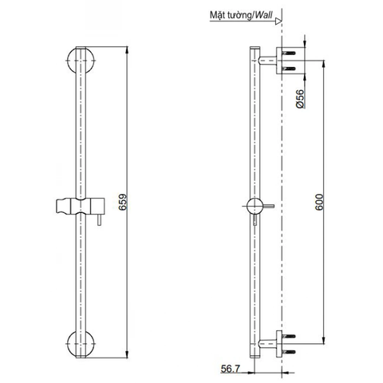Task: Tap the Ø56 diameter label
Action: (298, 100)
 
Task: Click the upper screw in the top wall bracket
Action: (292, 53)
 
